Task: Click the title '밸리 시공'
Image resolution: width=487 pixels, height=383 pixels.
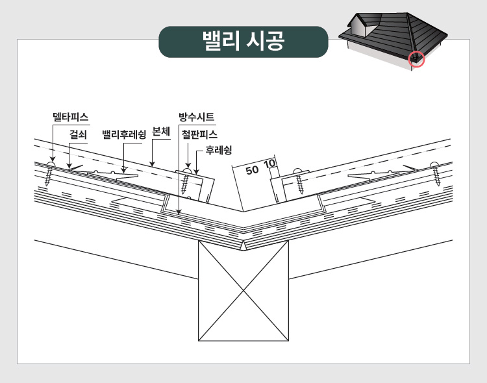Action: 243,41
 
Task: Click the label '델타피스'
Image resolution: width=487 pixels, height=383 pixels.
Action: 71,117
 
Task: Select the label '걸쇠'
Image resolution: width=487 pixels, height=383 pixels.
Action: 78,134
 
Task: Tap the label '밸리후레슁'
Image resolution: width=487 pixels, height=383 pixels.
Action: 124,134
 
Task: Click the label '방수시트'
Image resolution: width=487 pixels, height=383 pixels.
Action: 196,117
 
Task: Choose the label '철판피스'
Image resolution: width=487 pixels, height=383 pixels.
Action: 199,134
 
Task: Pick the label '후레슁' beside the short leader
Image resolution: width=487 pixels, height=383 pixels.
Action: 219,151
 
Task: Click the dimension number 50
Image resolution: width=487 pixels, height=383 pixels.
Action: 252,170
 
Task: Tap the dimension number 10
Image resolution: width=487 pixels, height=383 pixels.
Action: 269,164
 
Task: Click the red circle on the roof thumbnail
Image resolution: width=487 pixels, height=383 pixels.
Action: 416,59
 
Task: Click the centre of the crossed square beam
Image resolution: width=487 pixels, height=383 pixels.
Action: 243,291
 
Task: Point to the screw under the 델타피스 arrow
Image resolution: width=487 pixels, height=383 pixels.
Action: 50,174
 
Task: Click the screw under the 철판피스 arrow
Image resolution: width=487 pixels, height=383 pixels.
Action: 186,180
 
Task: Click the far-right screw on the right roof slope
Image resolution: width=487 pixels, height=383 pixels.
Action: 435,173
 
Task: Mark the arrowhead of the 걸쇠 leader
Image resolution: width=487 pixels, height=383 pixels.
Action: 69,166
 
